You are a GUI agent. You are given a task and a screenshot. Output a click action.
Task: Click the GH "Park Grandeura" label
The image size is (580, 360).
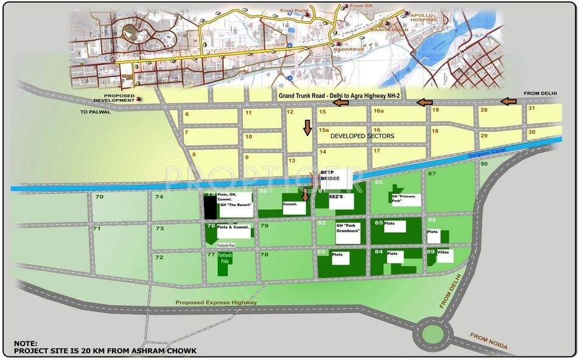pos(348,229)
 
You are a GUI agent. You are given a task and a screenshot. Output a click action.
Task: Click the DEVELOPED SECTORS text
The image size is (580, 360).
pos(362,136)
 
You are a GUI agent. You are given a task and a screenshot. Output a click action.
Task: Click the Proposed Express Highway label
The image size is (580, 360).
pos(216,302)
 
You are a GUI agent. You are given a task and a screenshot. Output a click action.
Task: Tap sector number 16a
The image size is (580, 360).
pos(379,111)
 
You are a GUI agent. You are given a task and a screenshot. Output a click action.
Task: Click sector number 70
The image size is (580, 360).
pos(99,197)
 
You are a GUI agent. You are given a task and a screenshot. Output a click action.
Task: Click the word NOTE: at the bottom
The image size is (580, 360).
pos(26,344)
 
